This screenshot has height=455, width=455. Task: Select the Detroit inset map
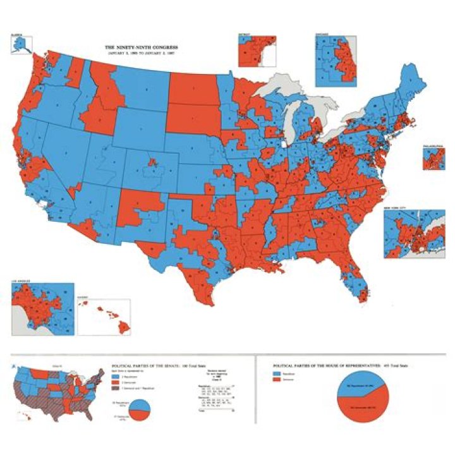[257, 51]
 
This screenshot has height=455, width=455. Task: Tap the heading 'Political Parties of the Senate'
[155, 366]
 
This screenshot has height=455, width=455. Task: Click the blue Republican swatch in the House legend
[277, 373]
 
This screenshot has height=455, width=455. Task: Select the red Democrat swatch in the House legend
[277, 379]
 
